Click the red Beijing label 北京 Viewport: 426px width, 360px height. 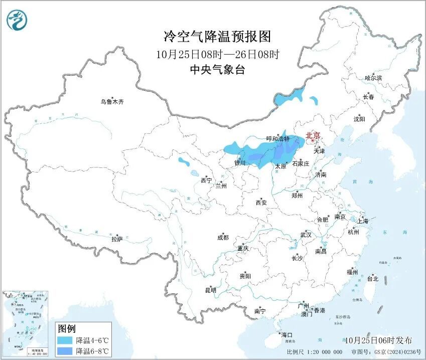click(313, 135)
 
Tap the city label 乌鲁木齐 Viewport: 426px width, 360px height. click(111, 102)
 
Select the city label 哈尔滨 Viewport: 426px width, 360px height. click(373, 78)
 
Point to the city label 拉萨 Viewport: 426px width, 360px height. click(117, 239)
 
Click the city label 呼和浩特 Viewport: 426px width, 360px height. click(277, 138)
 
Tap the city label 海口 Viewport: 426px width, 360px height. click(287, 335)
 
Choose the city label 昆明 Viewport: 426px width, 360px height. click(210, 290)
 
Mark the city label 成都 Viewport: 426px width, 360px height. click(223, 238)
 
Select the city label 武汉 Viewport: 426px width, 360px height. click(306, 235)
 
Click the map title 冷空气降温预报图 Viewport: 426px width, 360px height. click(217, 36)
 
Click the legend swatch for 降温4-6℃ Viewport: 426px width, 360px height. click(64, 340)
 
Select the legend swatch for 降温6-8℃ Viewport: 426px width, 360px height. click(64, 350)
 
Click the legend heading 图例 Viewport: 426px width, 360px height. click(66, 329)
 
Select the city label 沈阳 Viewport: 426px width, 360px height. click(359, 119)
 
